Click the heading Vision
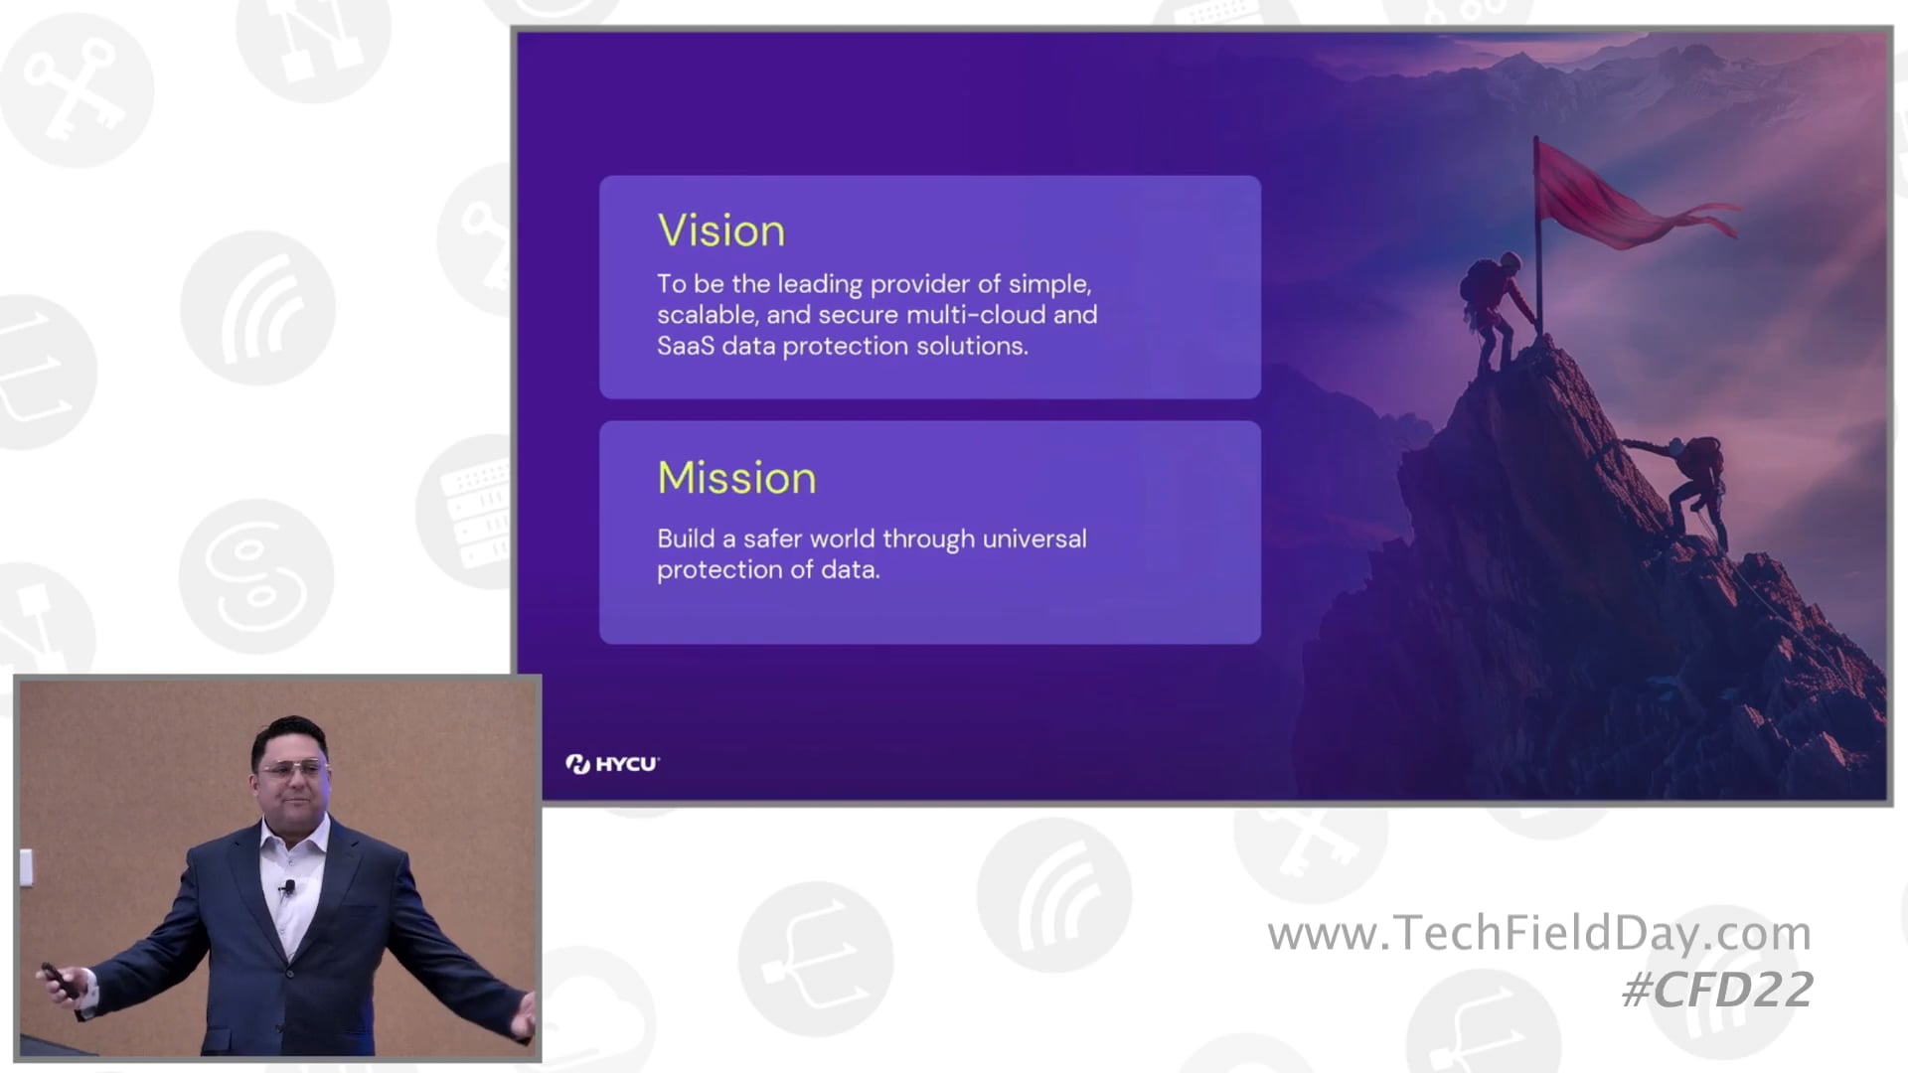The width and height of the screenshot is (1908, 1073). [x=721, y=230]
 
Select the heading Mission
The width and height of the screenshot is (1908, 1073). [x=736, y=478]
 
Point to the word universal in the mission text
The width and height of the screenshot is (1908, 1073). [x=1033, y=538]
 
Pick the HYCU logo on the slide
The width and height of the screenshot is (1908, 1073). [x=612, y=764]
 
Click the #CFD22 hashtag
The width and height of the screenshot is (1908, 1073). [x=1717, y=990]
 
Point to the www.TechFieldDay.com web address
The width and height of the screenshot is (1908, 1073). [x=1539, y=933]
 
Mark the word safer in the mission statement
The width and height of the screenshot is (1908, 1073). [x=773, y=538]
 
